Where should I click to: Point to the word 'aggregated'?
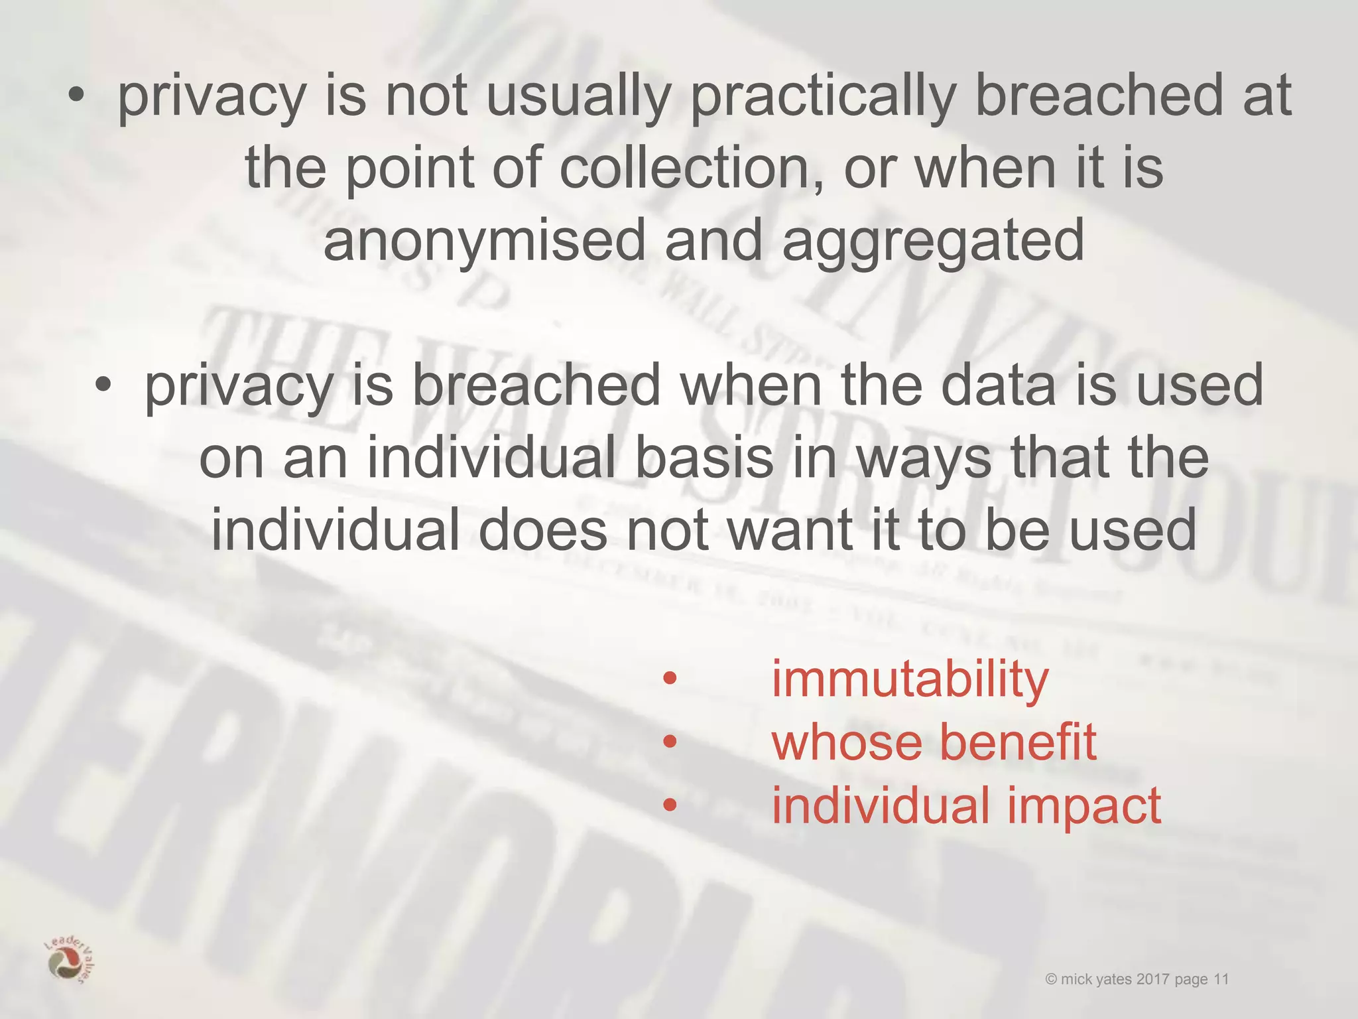[933, 242]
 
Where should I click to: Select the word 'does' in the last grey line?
[542, 530]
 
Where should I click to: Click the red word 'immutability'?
[910, 679]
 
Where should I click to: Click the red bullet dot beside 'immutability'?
[670, 678]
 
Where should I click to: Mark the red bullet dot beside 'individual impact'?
[670, 805]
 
